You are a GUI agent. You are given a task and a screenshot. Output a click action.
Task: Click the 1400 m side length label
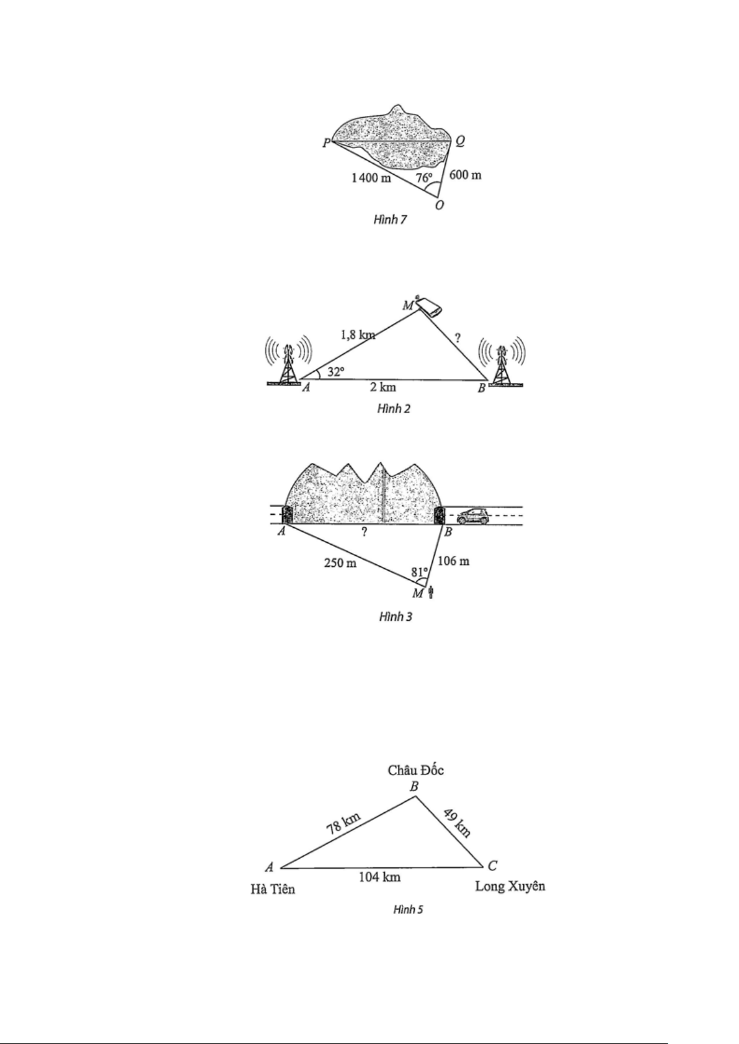(371, 178)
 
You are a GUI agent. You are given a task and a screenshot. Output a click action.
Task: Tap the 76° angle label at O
(424, 178)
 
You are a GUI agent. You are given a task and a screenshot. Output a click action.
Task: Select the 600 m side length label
(465, 175)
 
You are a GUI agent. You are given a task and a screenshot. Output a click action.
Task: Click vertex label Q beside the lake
(461, 141)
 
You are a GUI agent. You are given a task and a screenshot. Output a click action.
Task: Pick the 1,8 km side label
(358, 335)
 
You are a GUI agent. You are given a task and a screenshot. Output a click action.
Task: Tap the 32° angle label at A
(335, 372)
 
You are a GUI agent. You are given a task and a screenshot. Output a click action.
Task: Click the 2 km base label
(383, 387)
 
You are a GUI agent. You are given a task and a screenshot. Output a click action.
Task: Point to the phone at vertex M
(430, 307)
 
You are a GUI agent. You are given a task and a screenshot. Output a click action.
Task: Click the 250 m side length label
(339, 564)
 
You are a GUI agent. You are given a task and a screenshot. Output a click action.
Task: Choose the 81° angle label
(420, 572)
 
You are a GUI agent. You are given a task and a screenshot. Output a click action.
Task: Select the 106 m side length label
(453, 561)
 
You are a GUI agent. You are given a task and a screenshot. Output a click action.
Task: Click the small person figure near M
(431, 593)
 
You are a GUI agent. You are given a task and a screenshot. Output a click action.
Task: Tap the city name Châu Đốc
(415, 771)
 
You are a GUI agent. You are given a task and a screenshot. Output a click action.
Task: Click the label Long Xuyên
(510, 886)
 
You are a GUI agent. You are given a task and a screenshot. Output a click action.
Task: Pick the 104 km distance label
(379, 877)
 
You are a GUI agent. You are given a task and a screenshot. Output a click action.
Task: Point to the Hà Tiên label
(273, 890)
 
